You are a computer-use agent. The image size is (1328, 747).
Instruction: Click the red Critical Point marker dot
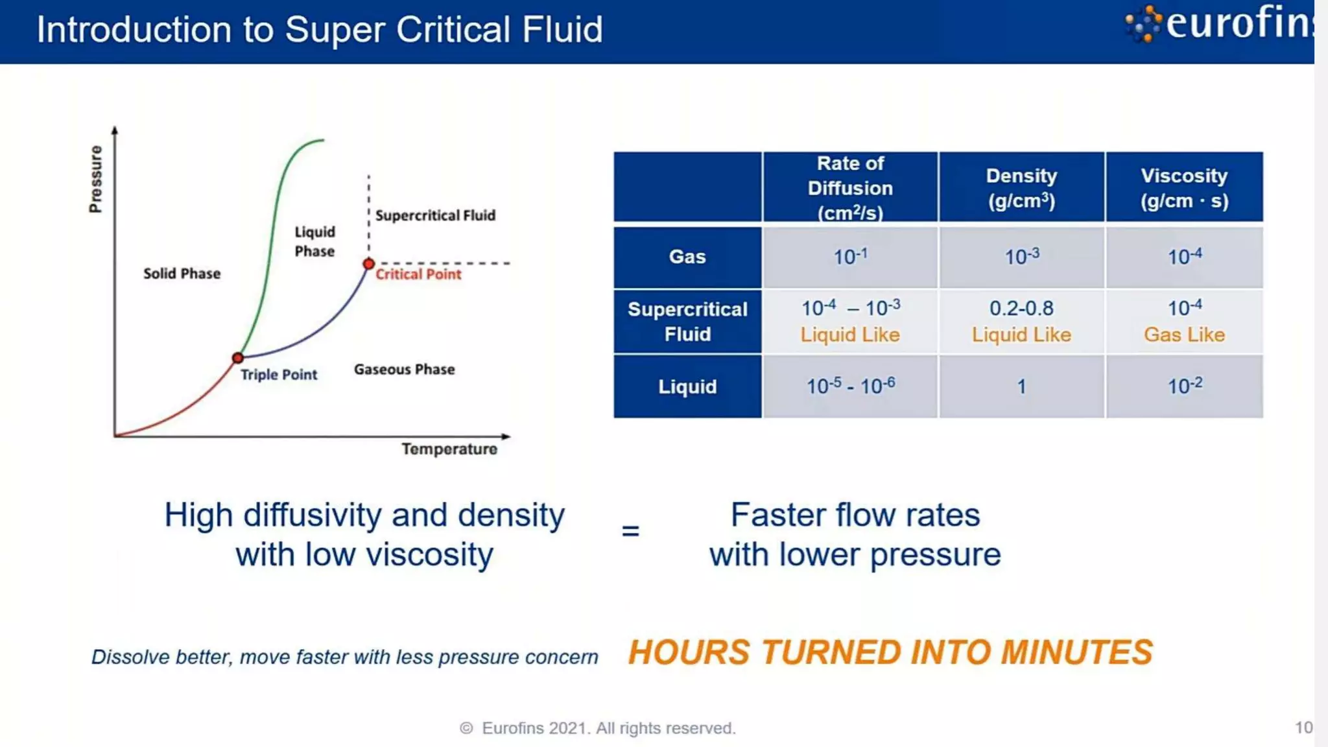pos(368,264)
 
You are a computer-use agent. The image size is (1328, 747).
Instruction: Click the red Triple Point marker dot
pos(238,358)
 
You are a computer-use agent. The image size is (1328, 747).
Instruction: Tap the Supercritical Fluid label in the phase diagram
pos(435,215)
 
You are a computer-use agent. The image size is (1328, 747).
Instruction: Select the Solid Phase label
pos(182,274)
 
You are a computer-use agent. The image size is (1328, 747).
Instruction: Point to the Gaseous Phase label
pos(404,370)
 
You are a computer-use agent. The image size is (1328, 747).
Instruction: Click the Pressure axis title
pos(95,179)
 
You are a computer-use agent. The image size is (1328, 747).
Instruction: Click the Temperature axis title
pos(449,449)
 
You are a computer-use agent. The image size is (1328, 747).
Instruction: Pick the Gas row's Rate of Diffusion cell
pos(850,257)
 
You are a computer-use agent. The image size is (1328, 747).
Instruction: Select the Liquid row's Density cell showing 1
pos(1021,386)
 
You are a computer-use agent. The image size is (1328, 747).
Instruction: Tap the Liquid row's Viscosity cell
pos(1184,386)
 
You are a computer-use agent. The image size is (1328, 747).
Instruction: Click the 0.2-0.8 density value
pos(1021,308)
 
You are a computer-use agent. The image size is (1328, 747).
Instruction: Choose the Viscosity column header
pos(1184,187)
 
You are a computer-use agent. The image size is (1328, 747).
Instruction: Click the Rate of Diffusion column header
pos(850,187)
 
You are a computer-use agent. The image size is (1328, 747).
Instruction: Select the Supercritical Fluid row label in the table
pos(687,322)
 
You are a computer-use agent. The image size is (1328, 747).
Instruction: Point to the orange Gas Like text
pos(1184,335)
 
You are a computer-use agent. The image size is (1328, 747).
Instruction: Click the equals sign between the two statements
pos(630,531)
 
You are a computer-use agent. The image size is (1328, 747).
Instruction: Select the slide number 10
pos(1303,728)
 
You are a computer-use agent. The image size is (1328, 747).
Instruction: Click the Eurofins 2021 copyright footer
pos(598,728)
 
